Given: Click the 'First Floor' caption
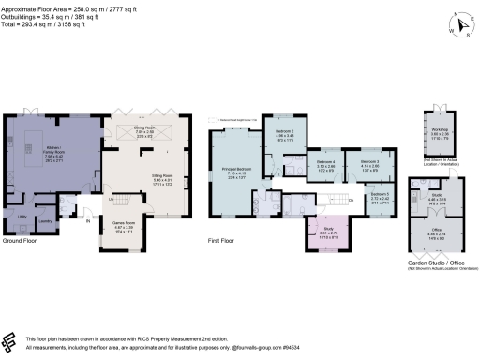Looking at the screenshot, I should pos(221,242).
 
